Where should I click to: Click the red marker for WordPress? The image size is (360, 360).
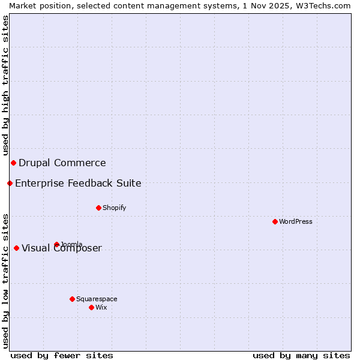(x=275, y=221)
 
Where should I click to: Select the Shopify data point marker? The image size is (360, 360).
(x=98, y=208)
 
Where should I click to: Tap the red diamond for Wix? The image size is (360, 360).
(x=91, y=307)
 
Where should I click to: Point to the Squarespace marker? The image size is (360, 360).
(x=72, y=299)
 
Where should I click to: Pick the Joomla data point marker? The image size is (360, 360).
(x=56, y=244)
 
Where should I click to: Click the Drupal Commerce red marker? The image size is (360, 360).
(x=13, y=163)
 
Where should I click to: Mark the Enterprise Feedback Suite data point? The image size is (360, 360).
(x=10, y=183)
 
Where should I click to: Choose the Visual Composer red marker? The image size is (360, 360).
(x=16, y=248)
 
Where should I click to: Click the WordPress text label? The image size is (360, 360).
(x=296, y=221)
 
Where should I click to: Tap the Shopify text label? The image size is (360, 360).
(x=114, y=208)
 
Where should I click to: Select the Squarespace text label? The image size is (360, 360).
(x=97, y=299)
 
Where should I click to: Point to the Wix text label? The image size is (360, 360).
(x=101, y=307)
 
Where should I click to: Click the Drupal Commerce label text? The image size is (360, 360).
(x=62, y=163)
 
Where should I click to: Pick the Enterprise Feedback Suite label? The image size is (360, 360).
(x=78, y=183)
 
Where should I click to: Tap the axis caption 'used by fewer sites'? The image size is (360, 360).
(x=62, y=355)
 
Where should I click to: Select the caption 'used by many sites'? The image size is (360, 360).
(x=301, y=355)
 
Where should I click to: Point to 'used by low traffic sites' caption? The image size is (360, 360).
(x=5, y=280)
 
